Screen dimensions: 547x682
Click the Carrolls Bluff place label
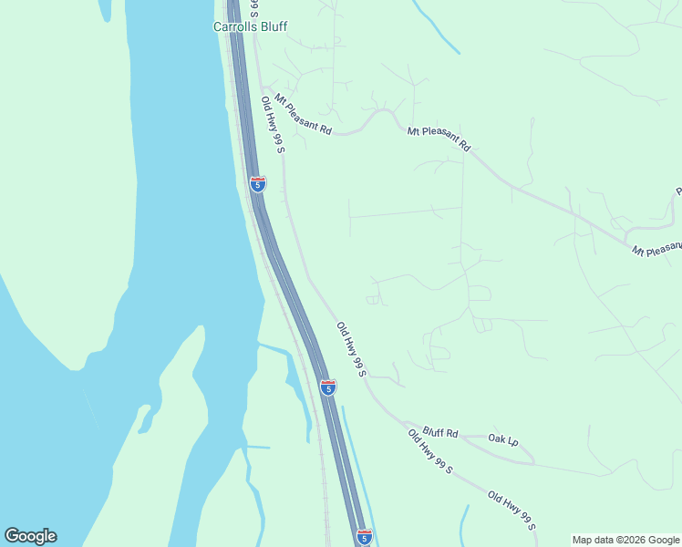tap(250, 26)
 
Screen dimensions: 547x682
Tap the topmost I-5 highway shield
tap(258, 184)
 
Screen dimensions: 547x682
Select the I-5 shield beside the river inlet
tap(328, 387)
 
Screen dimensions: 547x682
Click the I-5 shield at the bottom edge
tap(364, 537)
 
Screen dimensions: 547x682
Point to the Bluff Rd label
tap(440, 434)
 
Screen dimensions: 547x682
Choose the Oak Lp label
tap(503, 439)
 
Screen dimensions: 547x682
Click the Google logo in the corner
tap(30, 536)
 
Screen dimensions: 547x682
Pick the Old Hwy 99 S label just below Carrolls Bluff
tap(274, 126)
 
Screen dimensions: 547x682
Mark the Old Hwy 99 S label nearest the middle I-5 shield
tap(351, 349)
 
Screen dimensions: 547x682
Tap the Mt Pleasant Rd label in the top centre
tap(439, 139)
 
